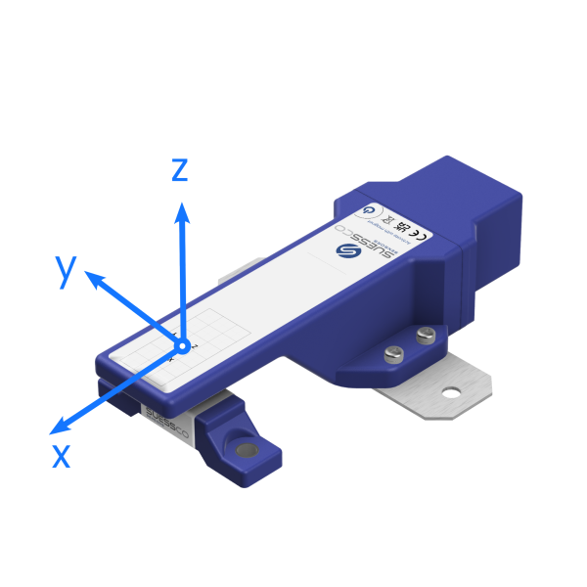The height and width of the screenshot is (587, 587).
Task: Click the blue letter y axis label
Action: (67, 270)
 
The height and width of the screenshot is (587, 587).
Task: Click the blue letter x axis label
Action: (62, 454)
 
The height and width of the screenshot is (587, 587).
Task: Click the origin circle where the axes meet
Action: (180, 344)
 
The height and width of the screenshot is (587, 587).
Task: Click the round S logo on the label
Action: (344, 250)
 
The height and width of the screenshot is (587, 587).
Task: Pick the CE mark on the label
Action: (414, 233)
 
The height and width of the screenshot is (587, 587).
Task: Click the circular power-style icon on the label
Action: (368, 208)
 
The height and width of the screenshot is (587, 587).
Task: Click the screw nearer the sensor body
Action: (424, 336)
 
